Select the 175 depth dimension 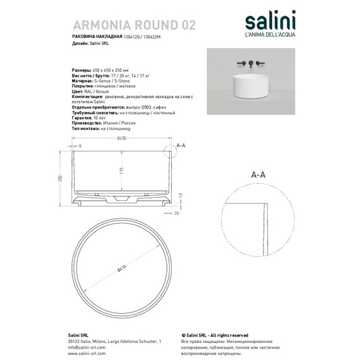[118, 170]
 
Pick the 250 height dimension [61, 177]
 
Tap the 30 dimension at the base [177, 213]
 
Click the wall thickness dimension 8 [81, 146]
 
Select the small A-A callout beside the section [180, 145]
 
